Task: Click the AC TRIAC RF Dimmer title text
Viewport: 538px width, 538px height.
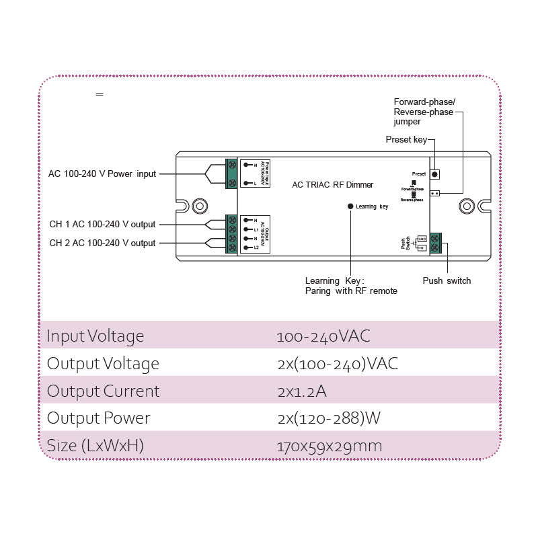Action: pos(332,185)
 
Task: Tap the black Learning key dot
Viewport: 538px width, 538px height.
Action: pos(350,206)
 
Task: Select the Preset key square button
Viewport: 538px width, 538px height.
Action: pos(434,174)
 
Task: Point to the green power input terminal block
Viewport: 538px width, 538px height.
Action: pos(231,174)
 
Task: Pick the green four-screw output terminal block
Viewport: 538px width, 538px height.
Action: pos(231,234)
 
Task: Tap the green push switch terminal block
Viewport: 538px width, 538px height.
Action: pos(435,242)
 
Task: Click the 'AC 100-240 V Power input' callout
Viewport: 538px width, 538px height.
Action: pos(102,174)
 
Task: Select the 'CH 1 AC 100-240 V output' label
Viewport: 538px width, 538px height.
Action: pos(102,225)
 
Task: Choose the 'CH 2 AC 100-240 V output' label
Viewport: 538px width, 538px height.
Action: pos(102,243)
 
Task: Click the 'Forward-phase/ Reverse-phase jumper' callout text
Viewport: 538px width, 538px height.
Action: pos(424,112)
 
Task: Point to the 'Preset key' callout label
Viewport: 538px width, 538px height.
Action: pos(406,140)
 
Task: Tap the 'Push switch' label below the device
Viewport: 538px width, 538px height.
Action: pos(447,280)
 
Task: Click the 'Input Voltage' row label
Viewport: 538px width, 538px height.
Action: pos(95,336)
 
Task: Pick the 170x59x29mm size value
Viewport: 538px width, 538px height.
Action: pos(330,446)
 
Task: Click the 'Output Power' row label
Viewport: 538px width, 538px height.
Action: pos(98,418)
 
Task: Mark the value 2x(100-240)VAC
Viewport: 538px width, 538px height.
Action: pos(337,364)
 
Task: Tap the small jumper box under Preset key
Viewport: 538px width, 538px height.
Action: pos(434,193)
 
